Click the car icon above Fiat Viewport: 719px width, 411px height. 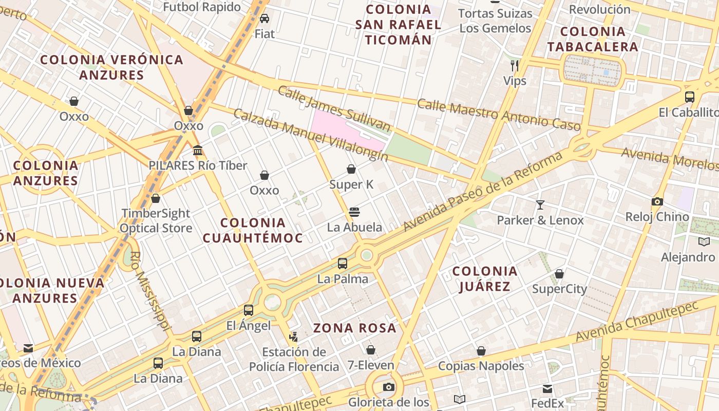(264, 18)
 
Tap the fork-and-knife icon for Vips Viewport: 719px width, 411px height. (515, 65)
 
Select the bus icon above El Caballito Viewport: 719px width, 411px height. (690, 97)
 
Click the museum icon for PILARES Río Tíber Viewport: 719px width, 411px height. (198, 150)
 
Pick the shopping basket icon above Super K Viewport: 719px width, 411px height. (351, 169)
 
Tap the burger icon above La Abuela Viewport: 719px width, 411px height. (354, 212)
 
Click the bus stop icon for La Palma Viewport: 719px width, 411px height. (343, 264)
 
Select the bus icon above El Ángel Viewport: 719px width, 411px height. (249, 310)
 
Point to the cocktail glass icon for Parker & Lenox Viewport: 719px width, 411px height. (540, 205)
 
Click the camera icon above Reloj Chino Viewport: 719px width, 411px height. (657, 201)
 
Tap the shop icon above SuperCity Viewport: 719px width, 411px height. (559, 273)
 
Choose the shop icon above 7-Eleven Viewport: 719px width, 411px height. (370, 350)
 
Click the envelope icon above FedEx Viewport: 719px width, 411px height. (547, 388)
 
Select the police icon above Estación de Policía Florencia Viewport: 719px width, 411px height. (293, 337)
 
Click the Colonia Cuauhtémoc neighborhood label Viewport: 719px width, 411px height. (253, 230)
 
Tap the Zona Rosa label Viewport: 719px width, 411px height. (355, 328)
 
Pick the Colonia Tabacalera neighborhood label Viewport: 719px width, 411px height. (593, 39)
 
